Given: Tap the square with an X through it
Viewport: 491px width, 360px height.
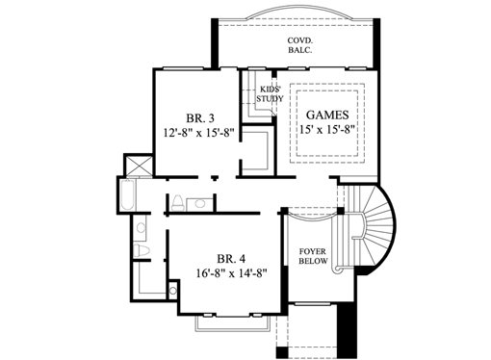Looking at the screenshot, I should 139,167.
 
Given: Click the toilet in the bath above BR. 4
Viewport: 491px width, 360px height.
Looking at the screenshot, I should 175,201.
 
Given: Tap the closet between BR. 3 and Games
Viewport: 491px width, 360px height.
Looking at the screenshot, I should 255,151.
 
